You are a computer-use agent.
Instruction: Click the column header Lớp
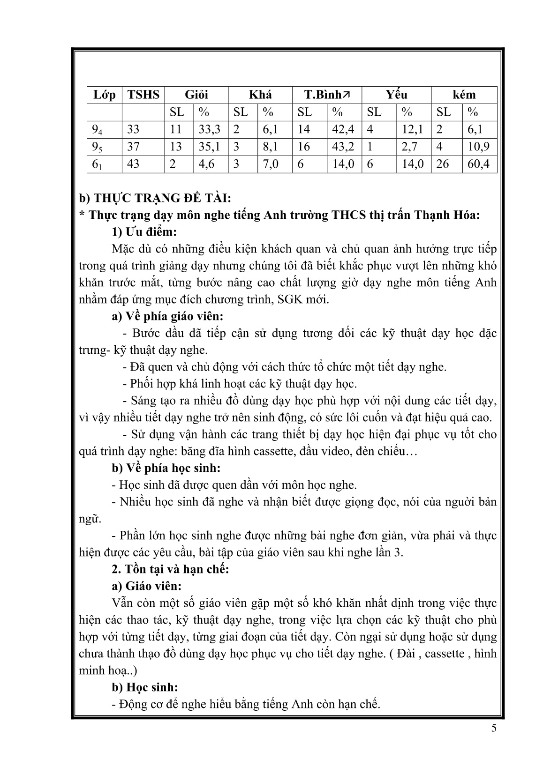pos(104,95)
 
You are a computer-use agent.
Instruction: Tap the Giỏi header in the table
pos(196,95)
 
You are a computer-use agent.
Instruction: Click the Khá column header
pos(260,95)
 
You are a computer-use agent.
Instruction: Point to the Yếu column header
pos(396,95)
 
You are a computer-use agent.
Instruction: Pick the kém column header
pos(464,95)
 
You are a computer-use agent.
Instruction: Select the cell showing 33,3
pos(210,129)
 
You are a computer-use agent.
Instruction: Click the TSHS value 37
pos(133,147)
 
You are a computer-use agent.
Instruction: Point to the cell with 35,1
pos(210,147)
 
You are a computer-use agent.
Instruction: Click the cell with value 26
pos(444,164)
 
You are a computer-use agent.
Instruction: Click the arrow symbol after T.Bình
pos(346,95)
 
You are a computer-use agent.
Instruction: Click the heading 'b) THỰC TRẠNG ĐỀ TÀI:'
pos(155,198)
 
